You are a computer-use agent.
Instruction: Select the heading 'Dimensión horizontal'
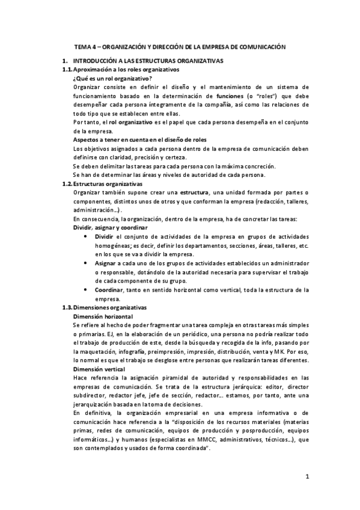coord(102,316)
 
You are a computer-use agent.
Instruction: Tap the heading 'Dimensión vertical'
coord(99,369)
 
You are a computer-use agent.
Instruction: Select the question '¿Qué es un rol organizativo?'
coord(112,79)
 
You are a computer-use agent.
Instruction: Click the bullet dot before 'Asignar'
coord(88,263)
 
